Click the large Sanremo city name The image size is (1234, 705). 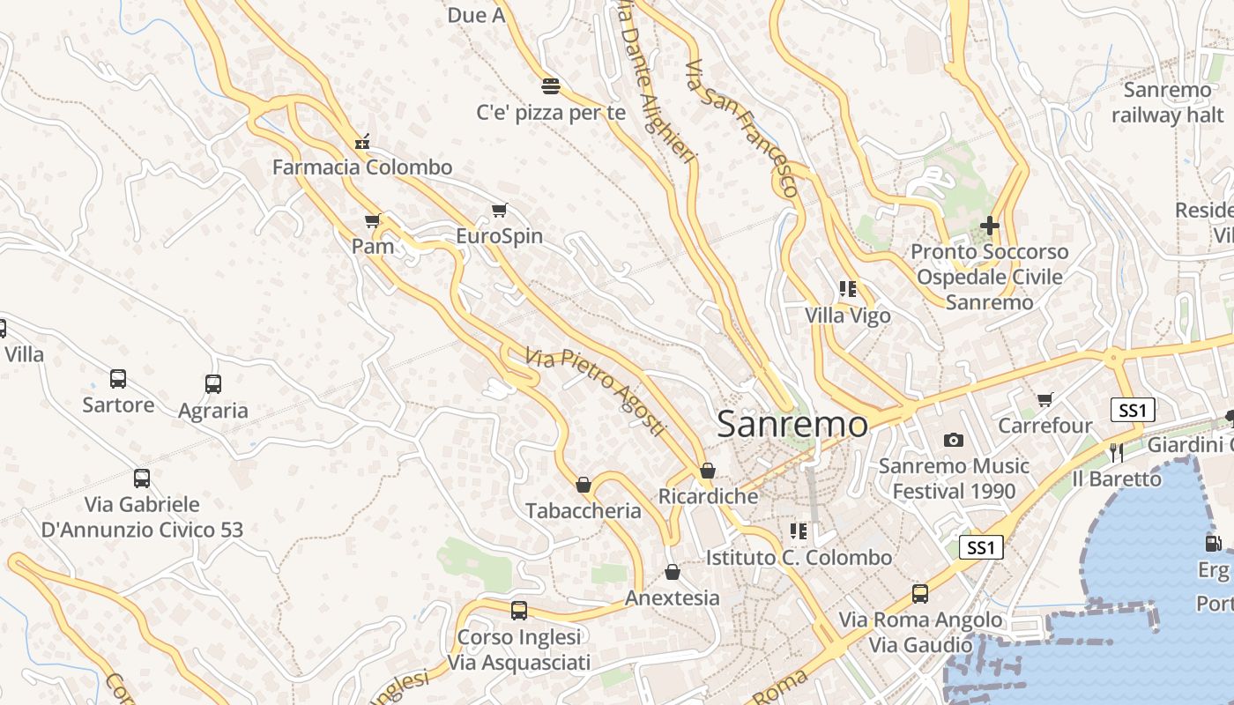coord(792,424)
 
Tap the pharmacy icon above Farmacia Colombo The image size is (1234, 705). coord(361,142)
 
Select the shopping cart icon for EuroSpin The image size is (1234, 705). coord(500,210)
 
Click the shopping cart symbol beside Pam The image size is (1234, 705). coord(373,220)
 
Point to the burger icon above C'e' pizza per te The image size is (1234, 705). coord(551,85)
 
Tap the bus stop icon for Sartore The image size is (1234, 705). coord(118,379)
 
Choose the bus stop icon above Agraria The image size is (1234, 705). coord(213,384)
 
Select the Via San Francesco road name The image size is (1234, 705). coord(742,129)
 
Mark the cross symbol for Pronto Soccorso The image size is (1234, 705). coord(990,226)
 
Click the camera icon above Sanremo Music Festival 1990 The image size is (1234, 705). coord(954,440)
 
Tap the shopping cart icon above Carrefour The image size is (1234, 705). coord(1045,400)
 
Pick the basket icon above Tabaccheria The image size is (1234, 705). coord(583,485)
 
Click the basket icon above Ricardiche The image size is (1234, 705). coord(708,471)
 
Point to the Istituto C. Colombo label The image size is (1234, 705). coord(799,558)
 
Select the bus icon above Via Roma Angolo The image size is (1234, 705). coord(920,594)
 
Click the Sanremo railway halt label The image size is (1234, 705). coord(1167,102)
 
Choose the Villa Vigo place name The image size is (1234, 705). coord(848,315)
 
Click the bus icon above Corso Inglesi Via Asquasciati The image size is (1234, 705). coord(519,611)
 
